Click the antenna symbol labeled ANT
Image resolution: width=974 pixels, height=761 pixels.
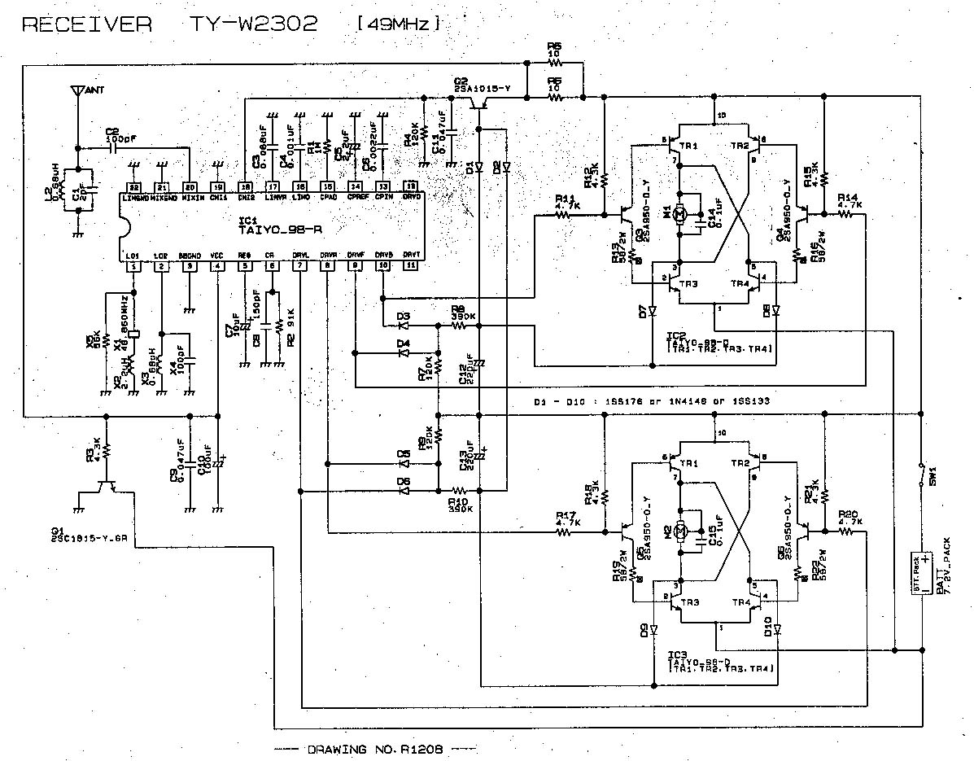[x=76, y=90]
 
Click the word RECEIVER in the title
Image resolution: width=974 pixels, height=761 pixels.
[x=86, y=24]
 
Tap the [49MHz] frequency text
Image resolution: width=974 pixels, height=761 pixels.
[x=398, y=24]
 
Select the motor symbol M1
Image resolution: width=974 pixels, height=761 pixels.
[x=682, y=215]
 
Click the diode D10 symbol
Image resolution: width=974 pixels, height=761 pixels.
[x=777, y=628]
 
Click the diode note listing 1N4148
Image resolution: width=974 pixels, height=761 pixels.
[x=651, y=401]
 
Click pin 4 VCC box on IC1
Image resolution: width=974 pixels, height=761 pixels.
[x=216, y=266]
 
